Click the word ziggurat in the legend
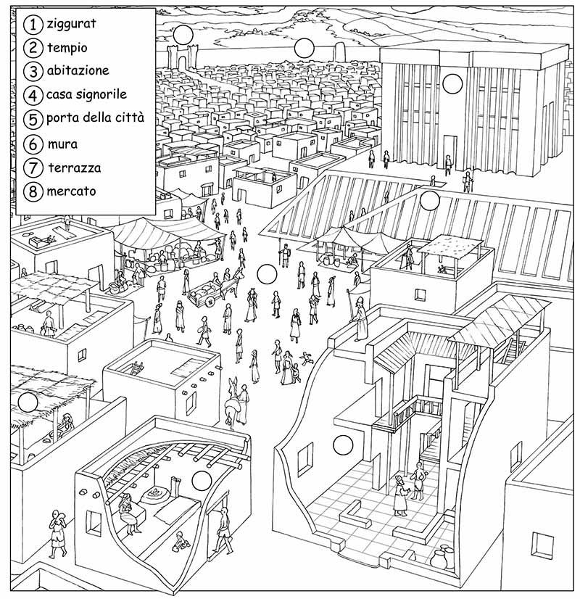pyautogui.click(x=71, y=24)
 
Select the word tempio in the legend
pyautogui.click(x=67, y=48)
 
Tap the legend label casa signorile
pyautogui.click(x=86, y=94)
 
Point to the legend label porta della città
pyautogui.click(x=95, y=117)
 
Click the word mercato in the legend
pyautogui.click(x=71, y=191)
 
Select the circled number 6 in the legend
pyautogui.click(x=33, y=144)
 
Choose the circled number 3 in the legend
pyautogui.click(x=33, y=72)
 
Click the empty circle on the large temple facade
pyautogui.click(x=452, y=83)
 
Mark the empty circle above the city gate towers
pyautogui.click(x=183, y=35)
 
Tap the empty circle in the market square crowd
pyautogui.click(x=267, y=275)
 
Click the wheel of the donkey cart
pyautogui.click(x=210, y=302)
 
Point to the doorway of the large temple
pyautogui.click(x=449, y=153)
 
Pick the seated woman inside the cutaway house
pyautogui.click(x=128, y=513)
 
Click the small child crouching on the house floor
pyautogui.click(x=181, y=542)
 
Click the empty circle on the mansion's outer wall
pyautogui.click(x=343, y=445)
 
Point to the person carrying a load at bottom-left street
pyautogui.click(x=58, y=533)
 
